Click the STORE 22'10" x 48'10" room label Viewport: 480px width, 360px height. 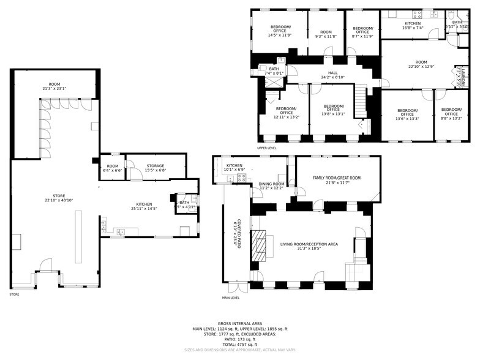58,198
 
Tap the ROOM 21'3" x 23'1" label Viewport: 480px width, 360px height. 54,86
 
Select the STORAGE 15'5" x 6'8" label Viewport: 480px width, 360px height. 155,168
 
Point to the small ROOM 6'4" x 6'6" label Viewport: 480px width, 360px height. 112,168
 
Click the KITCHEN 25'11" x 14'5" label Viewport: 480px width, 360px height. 144,206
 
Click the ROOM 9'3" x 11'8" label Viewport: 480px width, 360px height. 325,34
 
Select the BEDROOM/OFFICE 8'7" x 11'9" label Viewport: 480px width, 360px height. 362,32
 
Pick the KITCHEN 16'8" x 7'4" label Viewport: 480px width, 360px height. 413,26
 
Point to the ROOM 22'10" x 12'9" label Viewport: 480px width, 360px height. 421,64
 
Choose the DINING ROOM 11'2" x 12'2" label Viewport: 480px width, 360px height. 272,186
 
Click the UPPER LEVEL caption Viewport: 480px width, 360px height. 267,148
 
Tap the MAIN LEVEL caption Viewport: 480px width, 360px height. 231,298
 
